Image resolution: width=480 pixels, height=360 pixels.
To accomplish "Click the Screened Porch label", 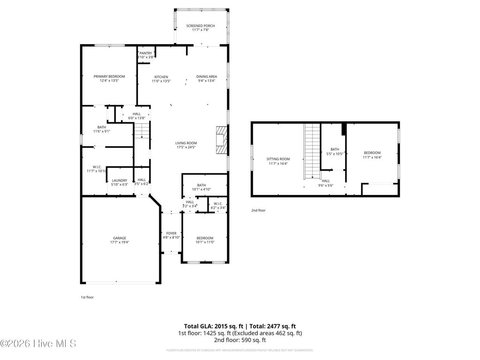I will point(200,26).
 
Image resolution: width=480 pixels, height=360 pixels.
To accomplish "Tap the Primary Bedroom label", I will point(109,76).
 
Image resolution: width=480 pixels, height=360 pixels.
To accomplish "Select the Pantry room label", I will point(145,53).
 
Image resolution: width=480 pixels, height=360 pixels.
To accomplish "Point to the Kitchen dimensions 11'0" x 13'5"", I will point(161,81).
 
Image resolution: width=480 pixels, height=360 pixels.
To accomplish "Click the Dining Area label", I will point(206,77).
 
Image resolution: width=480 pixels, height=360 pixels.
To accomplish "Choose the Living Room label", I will point(186,143).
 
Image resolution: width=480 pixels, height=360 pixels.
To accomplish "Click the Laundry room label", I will point(120,180).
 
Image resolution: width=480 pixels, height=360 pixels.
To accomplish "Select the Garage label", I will point(119,238).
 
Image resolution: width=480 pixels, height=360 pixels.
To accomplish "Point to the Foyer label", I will point(171,233).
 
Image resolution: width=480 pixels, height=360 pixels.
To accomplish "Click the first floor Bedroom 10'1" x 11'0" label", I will point(205,238).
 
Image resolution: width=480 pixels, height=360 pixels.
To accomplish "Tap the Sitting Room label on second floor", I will point(278,159).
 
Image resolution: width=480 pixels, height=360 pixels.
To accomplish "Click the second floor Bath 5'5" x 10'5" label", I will point(335,150).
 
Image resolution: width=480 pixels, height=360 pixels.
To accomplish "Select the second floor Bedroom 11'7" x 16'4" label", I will point(372,152).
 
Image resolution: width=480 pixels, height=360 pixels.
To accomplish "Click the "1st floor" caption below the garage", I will point(87,297).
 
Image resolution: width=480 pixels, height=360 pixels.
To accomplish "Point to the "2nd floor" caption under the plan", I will point(258,210).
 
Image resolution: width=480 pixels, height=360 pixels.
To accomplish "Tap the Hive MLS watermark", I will point(38,344).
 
